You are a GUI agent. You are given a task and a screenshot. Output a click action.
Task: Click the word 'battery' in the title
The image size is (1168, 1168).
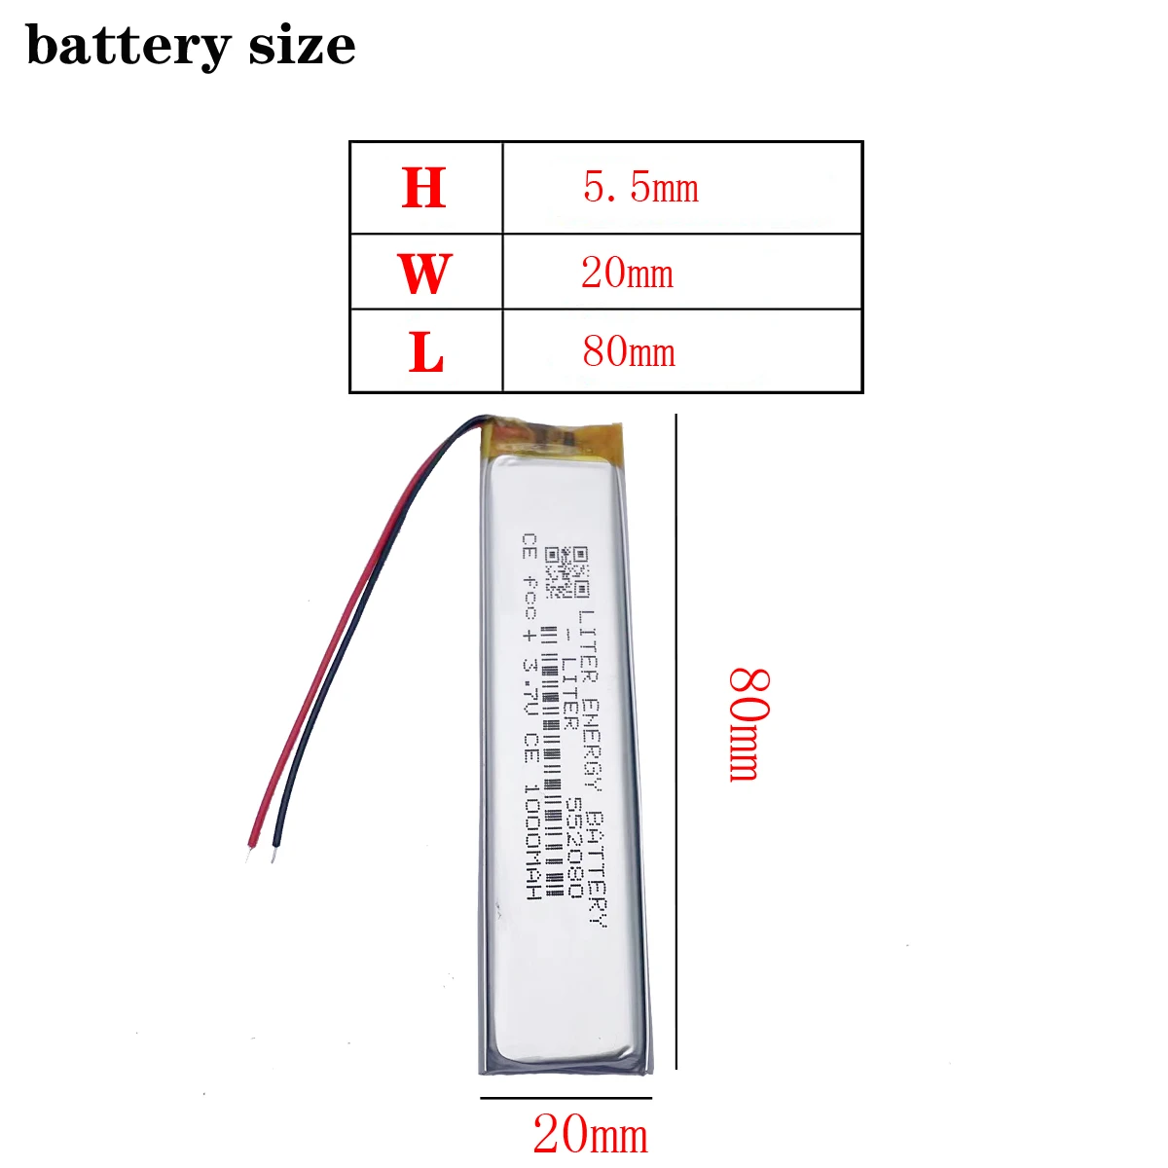pyautogui.click(x=128, y=46)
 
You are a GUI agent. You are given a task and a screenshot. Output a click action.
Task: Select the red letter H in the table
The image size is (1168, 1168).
pyautogui.click(x=424, y=189)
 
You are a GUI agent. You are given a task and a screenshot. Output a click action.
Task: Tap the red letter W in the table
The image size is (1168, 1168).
pyautogui.click(x=425, y=274)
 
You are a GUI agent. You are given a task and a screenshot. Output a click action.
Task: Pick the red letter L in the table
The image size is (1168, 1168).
pyautogui.click(x=426, y=352)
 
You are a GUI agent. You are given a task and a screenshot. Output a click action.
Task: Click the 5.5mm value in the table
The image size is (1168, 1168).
pyautogui.click(x=640, y=187)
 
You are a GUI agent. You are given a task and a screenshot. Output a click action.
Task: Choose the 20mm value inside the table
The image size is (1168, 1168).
pyautogui.click(x=628, y=273)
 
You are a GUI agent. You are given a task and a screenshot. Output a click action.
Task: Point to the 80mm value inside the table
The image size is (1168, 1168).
pyautogui.click(x=629, y=351)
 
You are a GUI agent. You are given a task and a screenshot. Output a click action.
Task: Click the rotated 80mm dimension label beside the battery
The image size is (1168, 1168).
pyautogui.click(x=749, y=724)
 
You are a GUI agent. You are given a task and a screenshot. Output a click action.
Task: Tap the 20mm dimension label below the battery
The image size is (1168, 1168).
pyautogui.click(x=590, y=1135)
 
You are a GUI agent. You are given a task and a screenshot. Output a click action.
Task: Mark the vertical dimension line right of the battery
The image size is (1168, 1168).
pyautogui.click(x=676, y=740)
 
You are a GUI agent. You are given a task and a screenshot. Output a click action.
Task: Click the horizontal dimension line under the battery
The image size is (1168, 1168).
pyautogui.click(x=566, y=1098)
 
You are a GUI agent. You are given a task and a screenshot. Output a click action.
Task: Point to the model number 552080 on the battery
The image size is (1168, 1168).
pyautogui.click(x=574, y=848)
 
